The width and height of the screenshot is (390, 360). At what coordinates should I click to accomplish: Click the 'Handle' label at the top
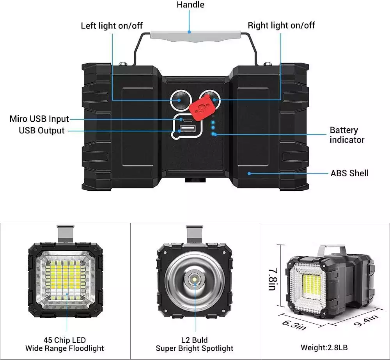(190, 5)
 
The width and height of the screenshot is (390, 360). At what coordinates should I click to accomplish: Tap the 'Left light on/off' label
(112, 26)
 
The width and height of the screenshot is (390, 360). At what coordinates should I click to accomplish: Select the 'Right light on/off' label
(281, 26)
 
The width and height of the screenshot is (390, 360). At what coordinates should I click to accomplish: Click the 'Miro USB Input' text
(39, 119)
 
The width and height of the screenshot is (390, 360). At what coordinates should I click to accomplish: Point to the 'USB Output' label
(42, 131)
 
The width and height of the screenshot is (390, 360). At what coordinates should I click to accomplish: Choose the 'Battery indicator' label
(347, 135)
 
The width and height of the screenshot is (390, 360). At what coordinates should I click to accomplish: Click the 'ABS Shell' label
(349, 173)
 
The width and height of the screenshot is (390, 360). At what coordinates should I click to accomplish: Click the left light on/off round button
(180, 100)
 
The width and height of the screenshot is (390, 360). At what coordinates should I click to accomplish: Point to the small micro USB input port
(185, 119)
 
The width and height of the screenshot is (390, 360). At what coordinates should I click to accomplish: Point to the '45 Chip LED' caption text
(65, 340)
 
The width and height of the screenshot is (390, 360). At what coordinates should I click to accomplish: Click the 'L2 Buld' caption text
(195, 340)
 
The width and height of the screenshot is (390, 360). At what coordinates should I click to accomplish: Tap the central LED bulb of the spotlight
(194, 279)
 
